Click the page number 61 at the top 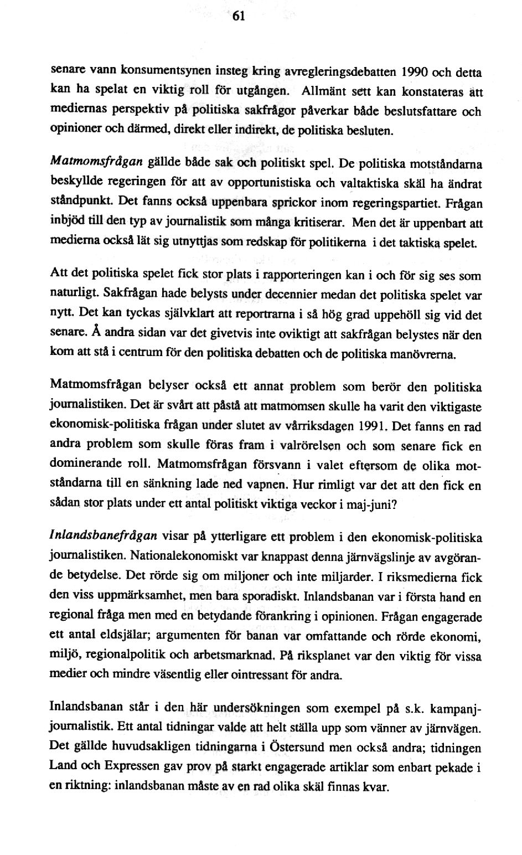click(238, 16)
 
